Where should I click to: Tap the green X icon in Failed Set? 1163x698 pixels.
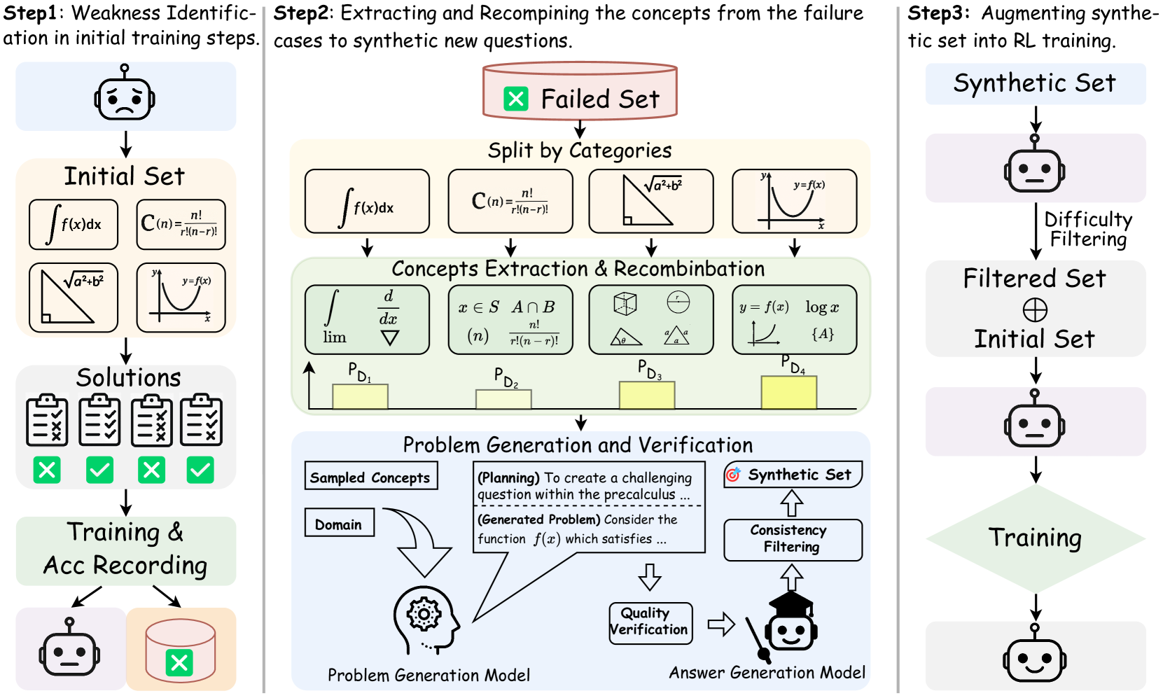(516, 99)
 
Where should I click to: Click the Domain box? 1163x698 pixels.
(339, 523)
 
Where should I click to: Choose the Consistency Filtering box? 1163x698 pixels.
(792, 539)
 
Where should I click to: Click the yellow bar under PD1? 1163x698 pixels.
(360, 396)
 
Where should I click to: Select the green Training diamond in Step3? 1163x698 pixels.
(1035, 538)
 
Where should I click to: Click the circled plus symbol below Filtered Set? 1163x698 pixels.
(1035, 309)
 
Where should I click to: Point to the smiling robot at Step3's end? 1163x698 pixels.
(1035, 657)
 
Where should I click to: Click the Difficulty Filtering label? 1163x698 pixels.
(1087, 229)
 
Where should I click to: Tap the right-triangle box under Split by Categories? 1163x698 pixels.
(650, 201)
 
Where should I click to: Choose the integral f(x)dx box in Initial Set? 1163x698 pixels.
(74, 224)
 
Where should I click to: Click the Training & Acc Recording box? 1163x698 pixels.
(125, 550)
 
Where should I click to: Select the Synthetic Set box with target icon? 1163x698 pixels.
(793, 475)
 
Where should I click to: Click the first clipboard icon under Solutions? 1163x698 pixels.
(47, 421)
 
